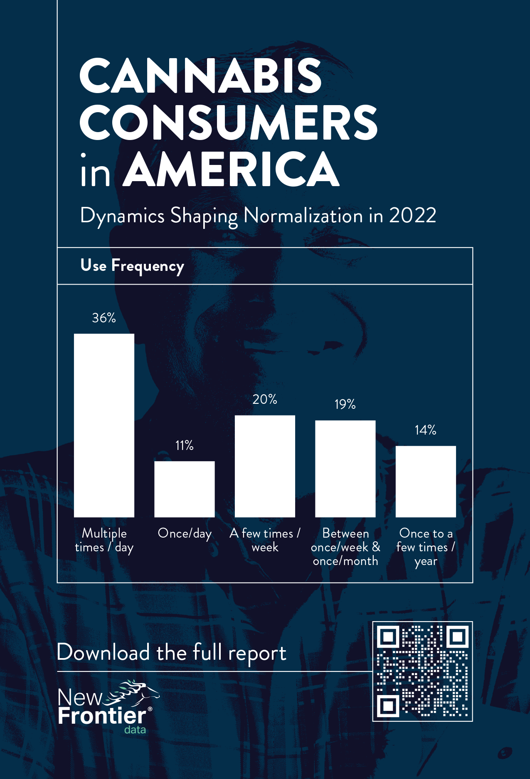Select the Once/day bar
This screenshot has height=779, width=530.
(x=185, y=489)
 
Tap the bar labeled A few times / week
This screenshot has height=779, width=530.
(x=265, y=466)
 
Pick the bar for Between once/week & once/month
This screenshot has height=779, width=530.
(x=345, y=469)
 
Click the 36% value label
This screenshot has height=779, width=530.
(x=104, y=318)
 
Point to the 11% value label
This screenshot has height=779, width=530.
(x=185, y=445)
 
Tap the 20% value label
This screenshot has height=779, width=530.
(x=265, y=399)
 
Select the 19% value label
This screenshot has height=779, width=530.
(x=345, y=404)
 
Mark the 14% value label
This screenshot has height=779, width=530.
(x=426, y=430)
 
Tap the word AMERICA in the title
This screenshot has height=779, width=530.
(x=232, y=170)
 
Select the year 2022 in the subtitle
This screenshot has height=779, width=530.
(x=412, y=215)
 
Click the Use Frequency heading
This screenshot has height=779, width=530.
(x=132, y=266)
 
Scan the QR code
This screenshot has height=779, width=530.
(x=422, y=671)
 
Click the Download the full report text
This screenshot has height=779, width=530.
(x=171, y=653)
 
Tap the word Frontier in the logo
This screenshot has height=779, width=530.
(x=102, y=715)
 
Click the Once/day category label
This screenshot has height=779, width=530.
(x=185, y=533)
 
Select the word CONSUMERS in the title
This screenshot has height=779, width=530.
(x=229, y=123)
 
